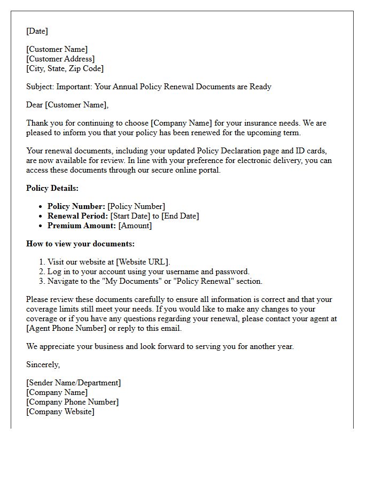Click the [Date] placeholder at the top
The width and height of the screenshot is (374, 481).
[37, 31]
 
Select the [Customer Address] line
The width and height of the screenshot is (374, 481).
[60, 59]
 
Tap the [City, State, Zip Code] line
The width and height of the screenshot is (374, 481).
[65, 68]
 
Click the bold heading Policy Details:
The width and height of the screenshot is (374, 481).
[52, 188]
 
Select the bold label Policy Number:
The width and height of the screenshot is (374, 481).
[76, 206]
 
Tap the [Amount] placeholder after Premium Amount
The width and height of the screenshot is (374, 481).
[135, 226]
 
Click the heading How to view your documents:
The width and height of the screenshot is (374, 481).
[80, 244]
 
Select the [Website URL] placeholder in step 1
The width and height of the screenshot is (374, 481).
[143, 262]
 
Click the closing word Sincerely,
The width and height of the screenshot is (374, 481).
[43, 364]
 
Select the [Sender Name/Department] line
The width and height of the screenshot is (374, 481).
[73, 383]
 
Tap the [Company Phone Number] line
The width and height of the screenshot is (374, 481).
[72, 402]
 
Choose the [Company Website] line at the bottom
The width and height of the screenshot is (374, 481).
[60, 412]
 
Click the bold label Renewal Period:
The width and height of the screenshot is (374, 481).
[77, 216]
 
